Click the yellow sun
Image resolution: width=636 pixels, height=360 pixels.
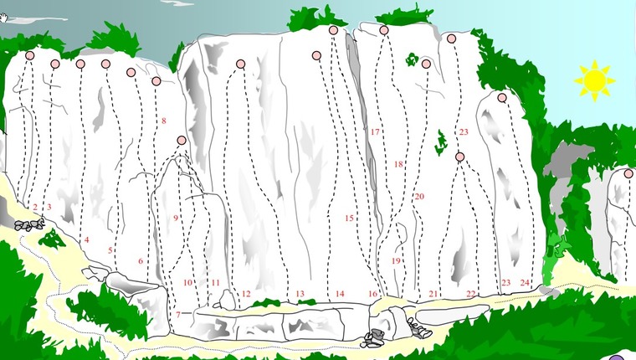594,80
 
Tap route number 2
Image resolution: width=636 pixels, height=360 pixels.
35,207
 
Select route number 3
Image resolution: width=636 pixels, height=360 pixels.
49,207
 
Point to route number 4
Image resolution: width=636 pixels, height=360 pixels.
86,239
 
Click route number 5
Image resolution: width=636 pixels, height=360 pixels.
110,249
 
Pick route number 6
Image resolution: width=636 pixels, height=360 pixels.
140,261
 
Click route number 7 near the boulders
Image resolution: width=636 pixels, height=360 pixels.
177,315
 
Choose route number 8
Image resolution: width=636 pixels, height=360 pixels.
163,121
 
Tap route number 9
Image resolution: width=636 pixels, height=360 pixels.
175,218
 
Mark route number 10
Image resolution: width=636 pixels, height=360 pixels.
187,283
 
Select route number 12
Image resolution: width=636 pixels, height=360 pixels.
246,294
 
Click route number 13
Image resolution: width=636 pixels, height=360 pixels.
300,294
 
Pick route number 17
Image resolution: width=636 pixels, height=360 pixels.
375,132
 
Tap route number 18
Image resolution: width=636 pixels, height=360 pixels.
398,164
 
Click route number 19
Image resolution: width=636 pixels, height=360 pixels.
396,261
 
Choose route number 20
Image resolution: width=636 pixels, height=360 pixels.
419,197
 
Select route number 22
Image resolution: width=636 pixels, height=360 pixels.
471,294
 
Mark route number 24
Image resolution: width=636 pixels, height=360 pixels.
525,283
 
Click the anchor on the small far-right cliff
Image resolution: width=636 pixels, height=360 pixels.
628,173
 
